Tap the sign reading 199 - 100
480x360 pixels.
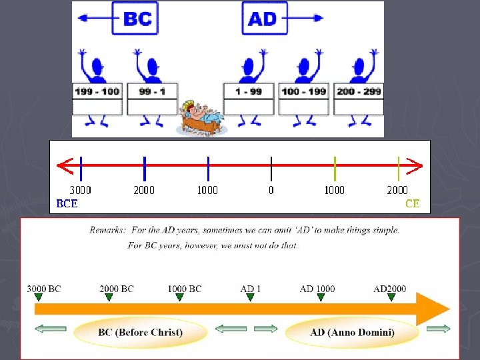[x=97, y=91]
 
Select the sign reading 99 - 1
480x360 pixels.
[x=154, y=91]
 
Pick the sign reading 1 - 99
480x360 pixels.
[x=249, y=91]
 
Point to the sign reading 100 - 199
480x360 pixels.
[x=305, y=91]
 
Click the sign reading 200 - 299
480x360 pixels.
[x=359, y=91]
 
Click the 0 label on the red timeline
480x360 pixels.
[x=271, y=190]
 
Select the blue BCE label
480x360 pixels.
[x=67, y=204]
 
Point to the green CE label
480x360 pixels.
[x=412, y=204]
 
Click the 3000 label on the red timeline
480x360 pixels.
[x=81, y=190]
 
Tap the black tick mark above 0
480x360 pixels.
[x=271, y=169]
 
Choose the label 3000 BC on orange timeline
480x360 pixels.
[x=44, y=289]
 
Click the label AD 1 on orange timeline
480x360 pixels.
[x=251, y=289]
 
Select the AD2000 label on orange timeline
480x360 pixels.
[x=389, y=289]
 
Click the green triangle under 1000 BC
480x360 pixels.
[x=179, y=298]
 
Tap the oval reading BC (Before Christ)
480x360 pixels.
[x=141, y=332]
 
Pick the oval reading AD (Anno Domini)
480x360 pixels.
[x=352, y=332]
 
